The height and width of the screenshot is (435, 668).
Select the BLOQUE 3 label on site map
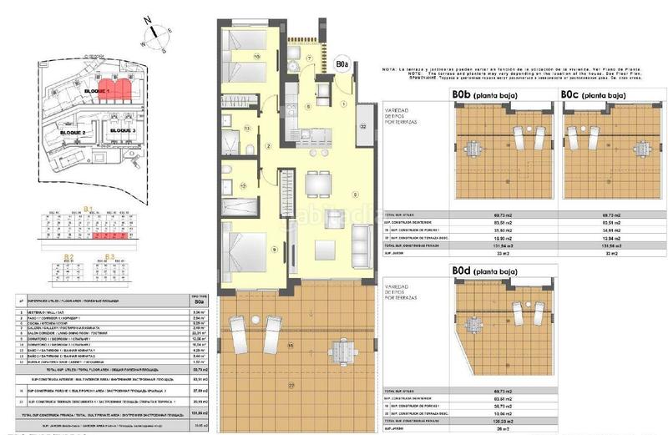123,131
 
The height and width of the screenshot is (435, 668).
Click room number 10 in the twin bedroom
257,57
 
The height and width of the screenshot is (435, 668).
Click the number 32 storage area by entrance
363,125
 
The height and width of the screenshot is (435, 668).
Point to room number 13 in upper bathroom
247,128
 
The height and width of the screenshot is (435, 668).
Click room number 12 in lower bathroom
243,185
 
